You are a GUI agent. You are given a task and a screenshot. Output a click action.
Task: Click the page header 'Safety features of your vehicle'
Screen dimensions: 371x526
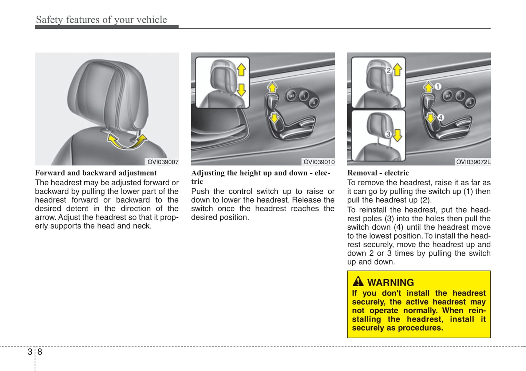pos(101,20)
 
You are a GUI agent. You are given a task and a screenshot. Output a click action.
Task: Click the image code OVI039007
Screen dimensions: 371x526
pos(163,162)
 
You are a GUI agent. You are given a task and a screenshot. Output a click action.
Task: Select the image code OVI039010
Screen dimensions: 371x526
pos(319,162)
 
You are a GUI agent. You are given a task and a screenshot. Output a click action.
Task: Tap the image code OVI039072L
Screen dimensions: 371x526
pos(473,162)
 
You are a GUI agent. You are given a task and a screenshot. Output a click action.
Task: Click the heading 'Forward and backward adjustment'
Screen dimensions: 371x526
pos(96,173)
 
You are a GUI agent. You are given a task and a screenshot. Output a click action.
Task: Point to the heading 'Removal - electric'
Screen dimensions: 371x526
pos(378,173)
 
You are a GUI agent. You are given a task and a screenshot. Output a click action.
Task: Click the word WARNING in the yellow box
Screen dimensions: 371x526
pos(390,283)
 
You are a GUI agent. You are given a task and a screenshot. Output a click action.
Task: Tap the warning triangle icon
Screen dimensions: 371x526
pos(358,281)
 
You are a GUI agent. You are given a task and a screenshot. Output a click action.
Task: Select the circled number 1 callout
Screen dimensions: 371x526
pos(438,87)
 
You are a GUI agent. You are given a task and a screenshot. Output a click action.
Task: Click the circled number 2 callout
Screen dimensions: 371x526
pos(388,71)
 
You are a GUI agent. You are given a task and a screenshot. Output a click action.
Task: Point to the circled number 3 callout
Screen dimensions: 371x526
pos(388,134)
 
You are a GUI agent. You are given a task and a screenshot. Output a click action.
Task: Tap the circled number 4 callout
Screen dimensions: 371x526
pos(440,117)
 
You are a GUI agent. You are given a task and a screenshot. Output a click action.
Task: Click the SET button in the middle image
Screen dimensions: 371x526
pos(291,96)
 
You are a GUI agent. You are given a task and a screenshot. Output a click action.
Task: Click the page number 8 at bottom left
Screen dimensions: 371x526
pos(40,352)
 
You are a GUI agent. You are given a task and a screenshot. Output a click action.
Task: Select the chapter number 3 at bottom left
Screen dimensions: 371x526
pos(30,352)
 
